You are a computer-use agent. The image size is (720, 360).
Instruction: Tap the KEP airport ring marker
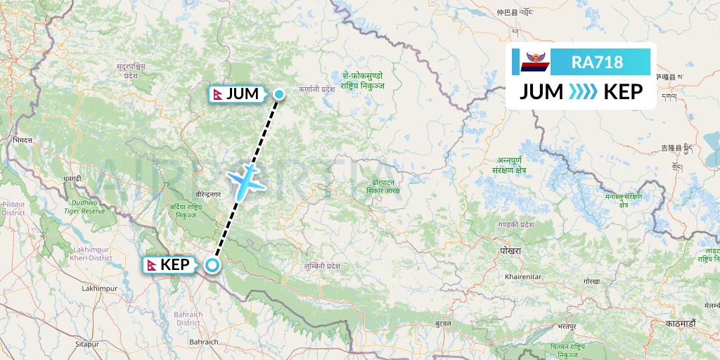tap(212, 265)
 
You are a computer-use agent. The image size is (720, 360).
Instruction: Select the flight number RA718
tap(597, 63)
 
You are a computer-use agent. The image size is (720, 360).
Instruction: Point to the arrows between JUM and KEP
tap(582, 92)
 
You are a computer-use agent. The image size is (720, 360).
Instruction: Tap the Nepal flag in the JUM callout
tap(219, 94)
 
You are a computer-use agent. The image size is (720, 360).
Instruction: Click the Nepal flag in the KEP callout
tap(152, 265)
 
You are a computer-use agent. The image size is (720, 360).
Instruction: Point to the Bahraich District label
tap(190, 318)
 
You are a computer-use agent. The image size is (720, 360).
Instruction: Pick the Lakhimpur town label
tap(98, 289)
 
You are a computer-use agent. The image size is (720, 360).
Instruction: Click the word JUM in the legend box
tap(541, 92)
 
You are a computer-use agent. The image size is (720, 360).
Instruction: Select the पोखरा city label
tap(507, 251)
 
